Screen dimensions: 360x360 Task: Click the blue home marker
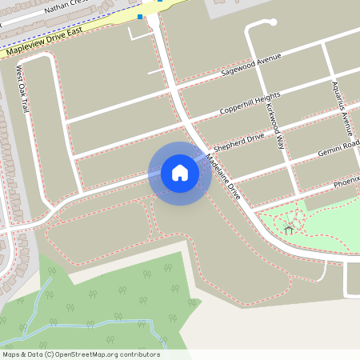(179, 173)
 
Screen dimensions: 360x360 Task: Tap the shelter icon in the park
(289, 230)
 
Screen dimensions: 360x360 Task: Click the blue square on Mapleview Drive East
(140, 16)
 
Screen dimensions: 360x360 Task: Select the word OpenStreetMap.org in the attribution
(106, 354)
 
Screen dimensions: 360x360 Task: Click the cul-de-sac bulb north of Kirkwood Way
(250, 24)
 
